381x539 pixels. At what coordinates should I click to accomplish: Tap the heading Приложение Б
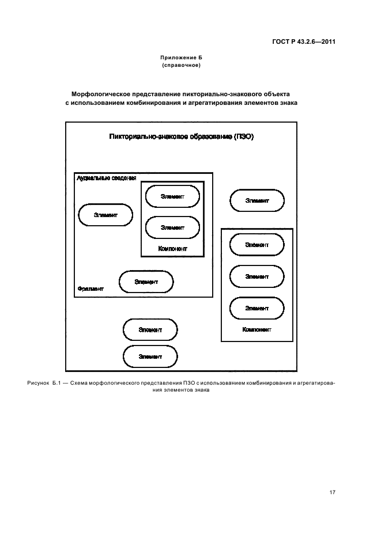(x=181, y=58)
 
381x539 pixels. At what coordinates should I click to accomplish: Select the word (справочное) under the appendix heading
(x=181, y=65)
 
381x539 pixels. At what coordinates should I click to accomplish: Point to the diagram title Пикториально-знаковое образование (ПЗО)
(x=181, y=136)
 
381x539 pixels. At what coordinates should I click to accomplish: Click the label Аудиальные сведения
(x=106, y=178)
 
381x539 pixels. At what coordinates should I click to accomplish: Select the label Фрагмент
(x=90, y=288)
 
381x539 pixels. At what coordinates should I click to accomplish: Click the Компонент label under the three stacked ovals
(x=256, y=330)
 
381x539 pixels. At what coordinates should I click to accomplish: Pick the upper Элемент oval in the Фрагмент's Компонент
(x=172, y=196)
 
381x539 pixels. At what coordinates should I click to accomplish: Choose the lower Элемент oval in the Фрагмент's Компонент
(x=172, y=227)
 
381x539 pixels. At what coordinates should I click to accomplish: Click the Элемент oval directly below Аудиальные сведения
(x=105, y=215)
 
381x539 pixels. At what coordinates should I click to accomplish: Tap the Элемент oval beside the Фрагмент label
(x=146, y=282)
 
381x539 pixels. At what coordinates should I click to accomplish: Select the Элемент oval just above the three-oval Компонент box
(x=256, y=200)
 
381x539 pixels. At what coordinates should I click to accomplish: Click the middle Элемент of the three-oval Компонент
(x=256, y=276)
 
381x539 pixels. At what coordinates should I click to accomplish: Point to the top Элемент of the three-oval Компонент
(x=256, y=245)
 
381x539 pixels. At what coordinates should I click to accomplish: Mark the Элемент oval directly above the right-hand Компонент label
(x=256, y=308)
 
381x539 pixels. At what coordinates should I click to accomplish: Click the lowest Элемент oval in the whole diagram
(x=150, y=356)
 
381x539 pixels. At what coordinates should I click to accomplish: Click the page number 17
(x=333, y=493)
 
